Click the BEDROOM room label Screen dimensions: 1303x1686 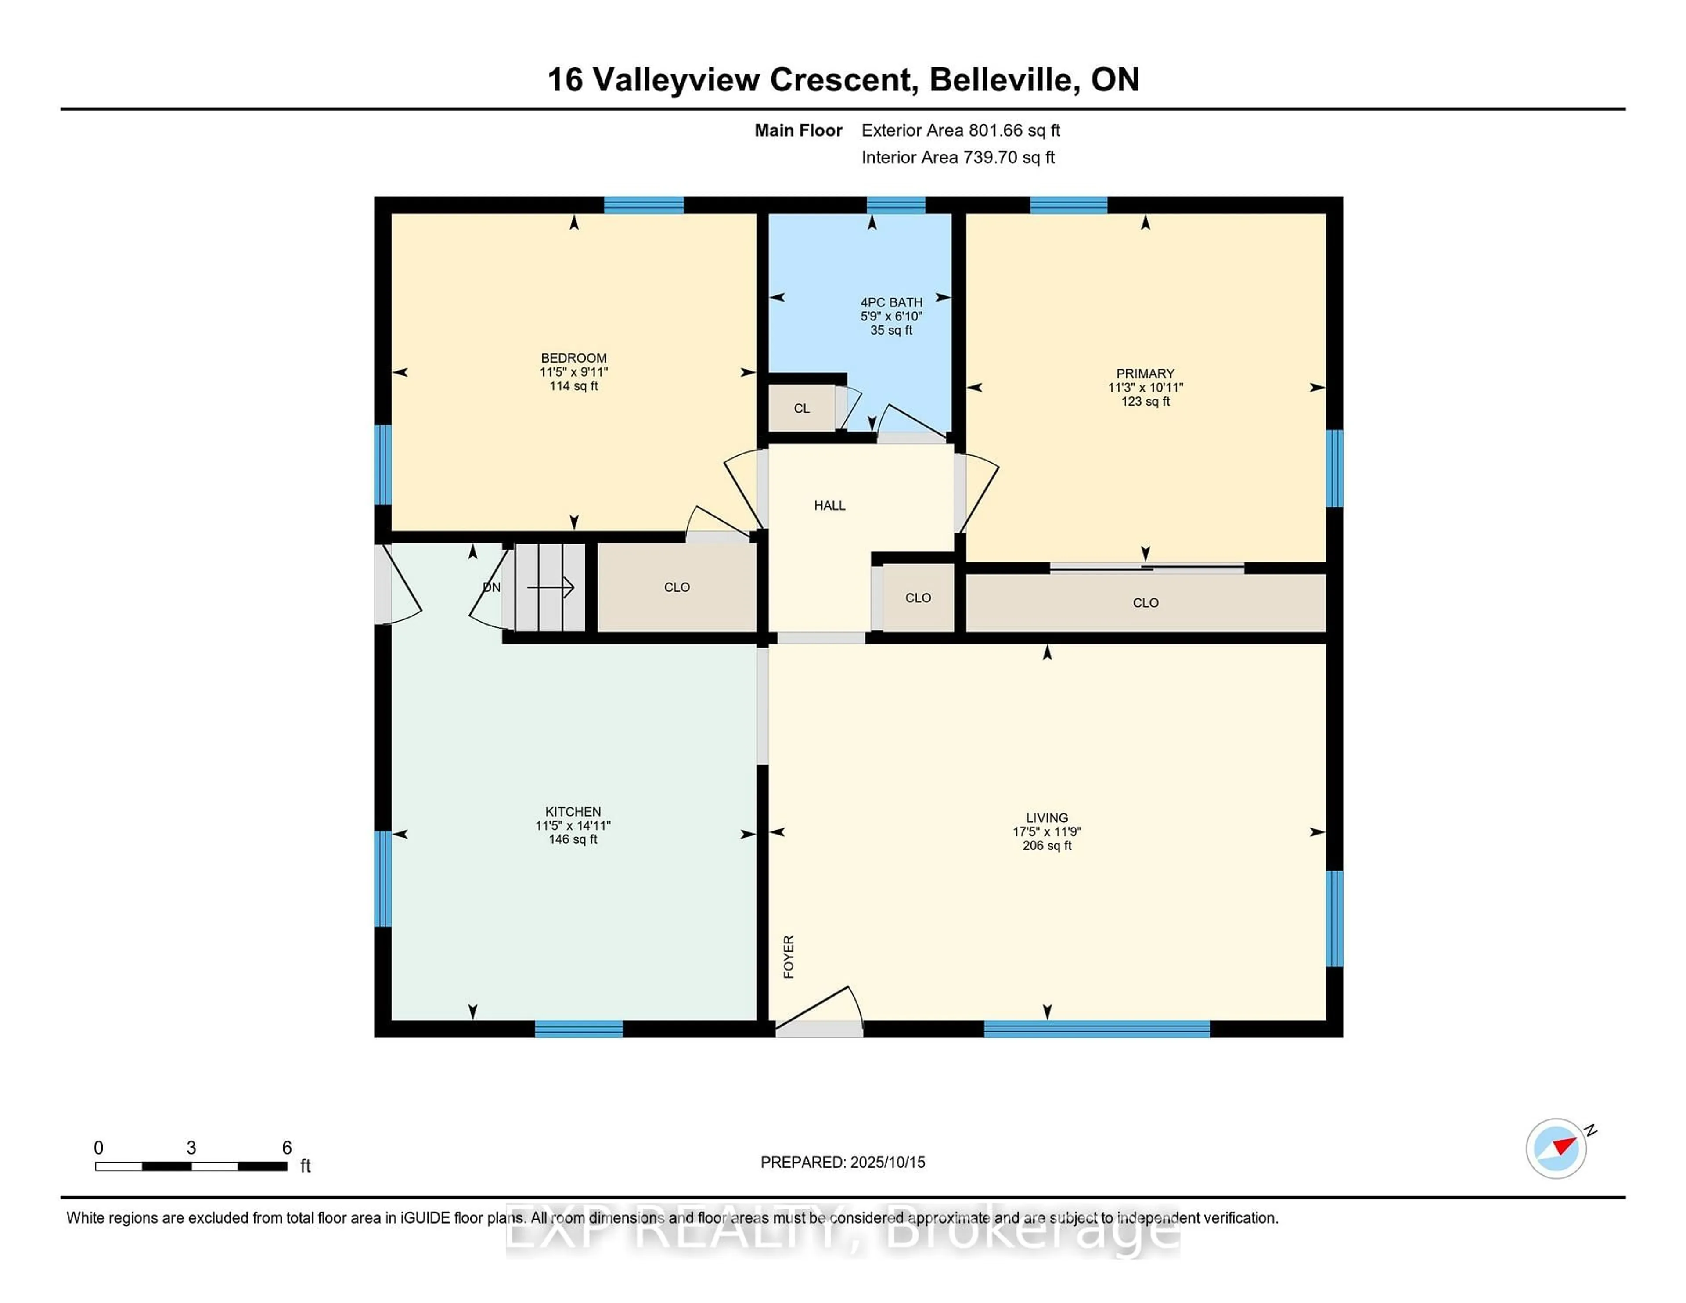(573, 358)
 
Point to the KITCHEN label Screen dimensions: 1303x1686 (573, 811)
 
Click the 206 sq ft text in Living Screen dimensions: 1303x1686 (1047, 846)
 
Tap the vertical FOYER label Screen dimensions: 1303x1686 (788, 957)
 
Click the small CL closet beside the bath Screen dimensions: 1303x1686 (801, 408)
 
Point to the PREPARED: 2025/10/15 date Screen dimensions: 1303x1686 (842, 1163)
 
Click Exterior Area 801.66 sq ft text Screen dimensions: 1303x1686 (960, 130)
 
